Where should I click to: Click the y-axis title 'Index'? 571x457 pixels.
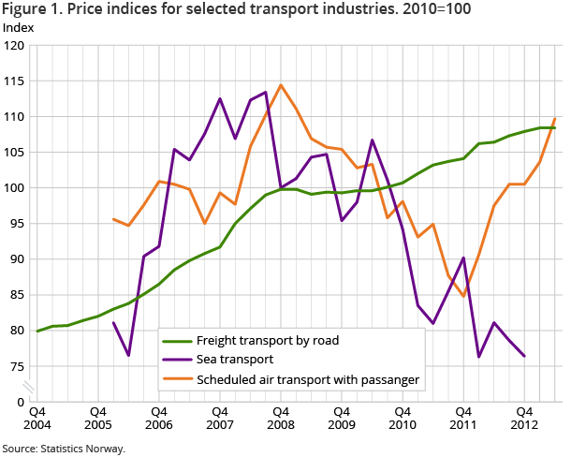coord(19,27)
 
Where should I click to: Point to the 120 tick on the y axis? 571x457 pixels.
coord(15,46)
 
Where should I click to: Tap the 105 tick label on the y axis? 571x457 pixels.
coord(15,153)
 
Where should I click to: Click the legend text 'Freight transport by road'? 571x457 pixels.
coord(269,340)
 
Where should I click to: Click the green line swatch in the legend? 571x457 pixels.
coord(175,341)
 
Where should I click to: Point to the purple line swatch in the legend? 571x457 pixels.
coord(175,360)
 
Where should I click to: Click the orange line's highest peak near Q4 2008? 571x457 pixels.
coord(280,85)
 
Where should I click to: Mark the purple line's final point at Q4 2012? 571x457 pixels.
coord(523,356)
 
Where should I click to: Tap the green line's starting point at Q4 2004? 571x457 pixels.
coord(37,331)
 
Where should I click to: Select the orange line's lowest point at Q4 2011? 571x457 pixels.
coord(462,296)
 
